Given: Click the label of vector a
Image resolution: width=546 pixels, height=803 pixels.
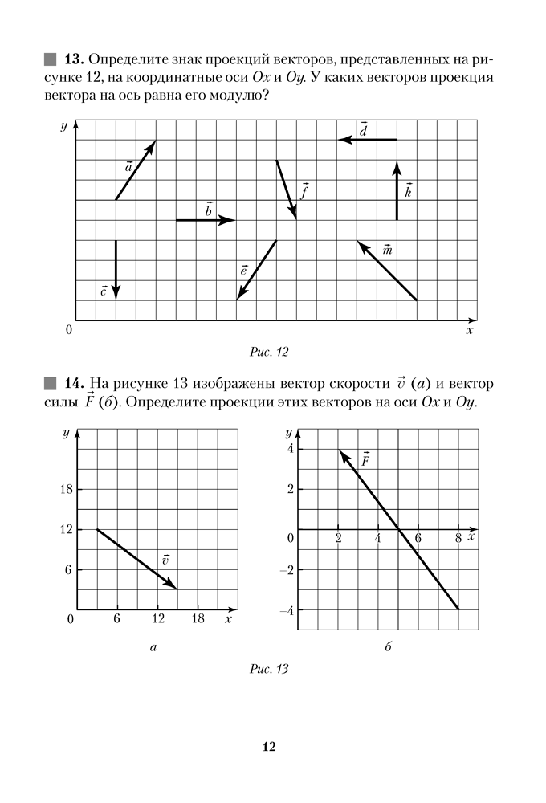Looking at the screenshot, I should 128,168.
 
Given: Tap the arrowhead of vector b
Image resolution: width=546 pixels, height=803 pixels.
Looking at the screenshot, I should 231,219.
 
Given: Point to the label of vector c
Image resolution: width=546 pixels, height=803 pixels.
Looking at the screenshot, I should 104,291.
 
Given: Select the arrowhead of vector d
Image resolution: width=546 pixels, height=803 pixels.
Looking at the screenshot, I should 343,140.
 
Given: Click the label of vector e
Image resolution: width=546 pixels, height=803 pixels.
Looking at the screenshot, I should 243,271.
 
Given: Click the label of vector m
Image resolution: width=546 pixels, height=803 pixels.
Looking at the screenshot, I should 388,251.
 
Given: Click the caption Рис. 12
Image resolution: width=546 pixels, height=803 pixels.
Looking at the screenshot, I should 269,351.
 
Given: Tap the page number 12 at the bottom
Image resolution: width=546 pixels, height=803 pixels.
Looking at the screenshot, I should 269,747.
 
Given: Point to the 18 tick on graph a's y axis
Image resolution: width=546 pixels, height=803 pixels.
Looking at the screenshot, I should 67,489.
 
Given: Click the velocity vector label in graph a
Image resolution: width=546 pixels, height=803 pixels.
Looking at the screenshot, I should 165,560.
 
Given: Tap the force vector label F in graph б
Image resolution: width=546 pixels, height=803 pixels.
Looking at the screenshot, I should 365,461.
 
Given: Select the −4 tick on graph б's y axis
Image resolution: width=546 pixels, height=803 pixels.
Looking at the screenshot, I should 285,610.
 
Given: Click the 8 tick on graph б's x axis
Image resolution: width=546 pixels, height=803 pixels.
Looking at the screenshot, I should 457,538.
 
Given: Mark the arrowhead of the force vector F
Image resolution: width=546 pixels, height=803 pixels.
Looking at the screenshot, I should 340,453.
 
